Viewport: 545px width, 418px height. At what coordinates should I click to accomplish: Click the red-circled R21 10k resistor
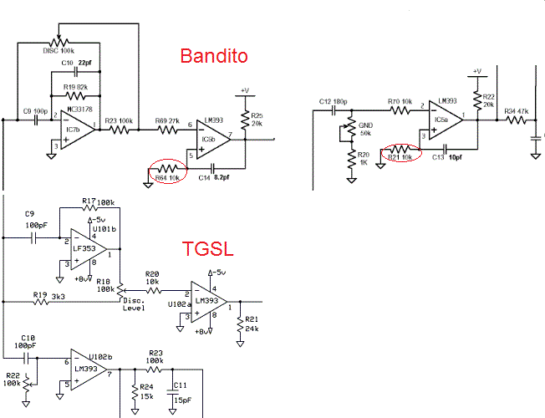395,154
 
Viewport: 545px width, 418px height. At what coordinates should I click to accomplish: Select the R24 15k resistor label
146,390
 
